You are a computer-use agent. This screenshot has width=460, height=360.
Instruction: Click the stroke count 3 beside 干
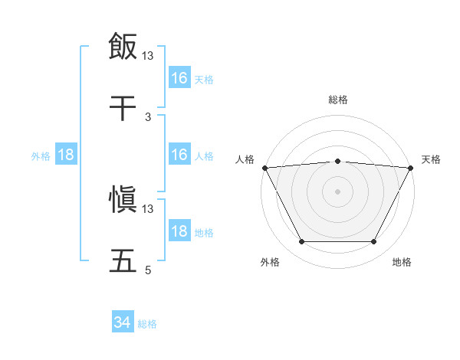[x=148, y=116]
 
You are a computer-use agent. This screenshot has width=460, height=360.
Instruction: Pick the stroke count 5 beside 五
[x=148, y=270]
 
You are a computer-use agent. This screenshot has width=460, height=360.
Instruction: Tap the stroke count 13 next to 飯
[x=148, y=55]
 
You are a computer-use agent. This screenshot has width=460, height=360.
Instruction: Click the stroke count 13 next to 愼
[x=148, y=208]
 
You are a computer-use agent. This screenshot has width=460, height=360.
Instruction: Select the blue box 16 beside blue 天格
[x=179, y=78]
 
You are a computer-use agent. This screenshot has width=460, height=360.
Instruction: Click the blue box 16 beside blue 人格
[x=179, y=155]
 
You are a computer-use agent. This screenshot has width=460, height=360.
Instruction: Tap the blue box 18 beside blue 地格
[x=179, y=231]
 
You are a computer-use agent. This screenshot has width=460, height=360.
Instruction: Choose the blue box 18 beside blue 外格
[x=66, y=155]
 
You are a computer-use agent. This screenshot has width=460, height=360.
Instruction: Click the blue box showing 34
[x=123, y=322]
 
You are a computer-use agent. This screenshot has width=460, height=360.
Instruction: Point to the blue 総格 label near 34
[x=147, y=324]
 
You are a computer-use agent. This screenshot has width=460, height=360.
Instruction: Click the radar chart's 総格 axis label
[x=338, y=100]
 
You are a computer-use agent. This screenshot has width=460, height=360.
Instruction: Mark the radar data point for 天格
[x=412, y=167]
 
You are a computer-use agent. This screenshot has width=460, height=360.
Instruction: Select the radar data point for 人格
[x=264, y=167]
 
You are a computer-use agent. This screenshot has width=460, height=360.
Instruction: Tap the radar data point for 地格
[x=374, y=242]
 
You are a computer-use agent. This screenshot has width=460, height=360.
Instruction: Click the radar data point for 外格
[x=301, y=242]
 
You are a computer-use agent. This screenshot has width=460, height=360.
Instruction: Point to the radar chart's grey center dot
[x=338, y=191]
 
